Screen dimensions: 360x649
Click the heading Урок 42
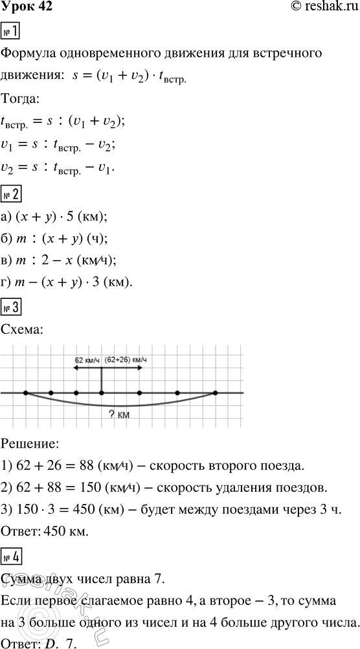click(x=27, y=8)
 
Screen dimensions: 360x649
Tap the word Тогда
click(x=21, y=100)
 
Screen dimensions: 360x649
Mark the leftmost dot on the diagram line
click(x=25, y=393)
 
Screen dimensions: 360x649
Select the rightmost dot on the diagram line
click(x=215, y=393)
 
